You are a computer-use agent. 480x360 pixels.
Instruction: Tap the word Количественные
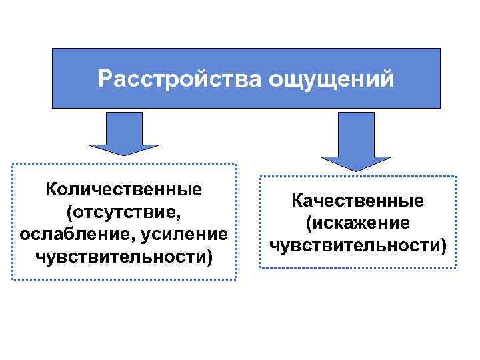click(x=123, y=189)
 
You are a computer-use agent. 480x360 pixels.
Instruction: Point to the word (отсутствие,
click(x=123, y=212)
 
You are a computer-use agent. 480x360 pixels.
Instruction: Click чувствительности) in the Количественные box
click(x=123, y=257)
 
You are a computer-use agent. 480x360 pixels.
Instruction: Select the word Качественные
click(x=358, y=200)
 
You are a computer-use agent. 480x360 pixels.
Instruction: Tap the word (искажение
click(x=358, y=223)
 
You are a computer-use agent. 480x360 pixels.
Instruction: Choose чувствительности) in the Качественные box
click(x=358, y=245)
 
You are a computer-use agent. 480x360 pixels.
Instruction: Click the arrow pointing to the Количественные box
click(x=124, y=133)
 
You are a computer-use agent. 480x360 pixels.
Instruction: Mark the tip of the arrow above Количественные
click(x=124, y=155)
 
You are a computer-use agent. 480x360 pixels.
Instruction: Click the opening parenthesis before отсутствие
click(x=69, y=212)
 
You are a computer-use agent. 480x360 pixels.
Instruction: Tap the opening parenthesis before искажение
click(x=309, y=223)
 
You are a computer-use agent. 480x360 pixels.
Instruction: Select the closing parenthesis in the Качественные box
click(x=444, y=245)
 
